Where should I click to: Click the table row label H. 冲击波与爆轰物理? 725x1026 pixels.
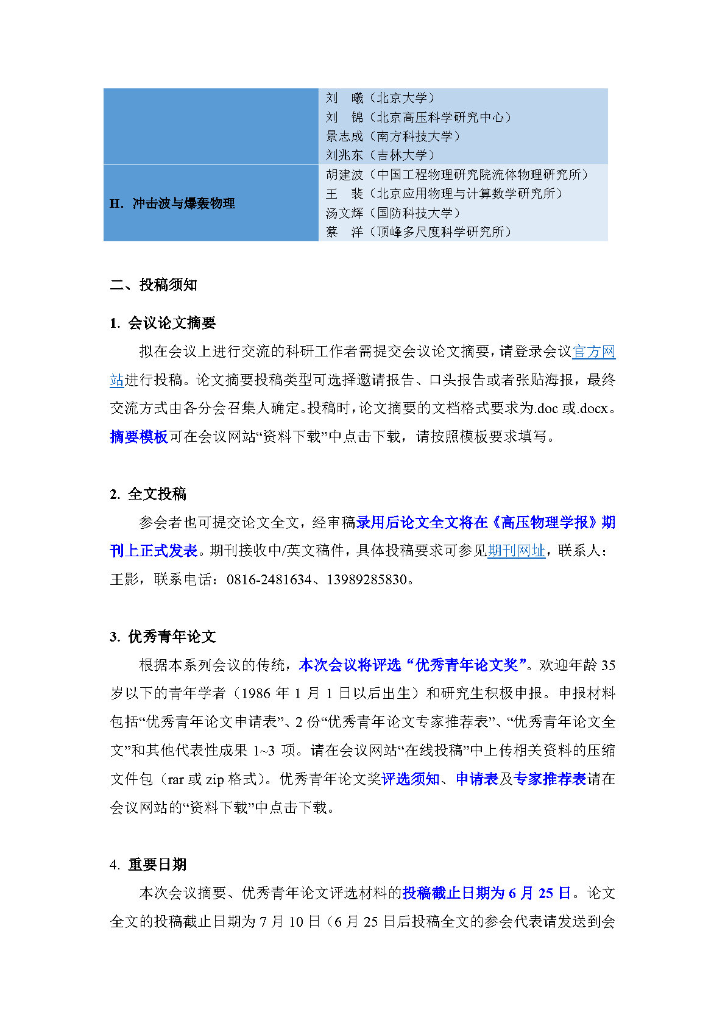[x=172, y=203]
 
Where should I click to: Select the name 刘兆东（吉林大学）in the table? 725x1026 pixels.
[x=380, y=155]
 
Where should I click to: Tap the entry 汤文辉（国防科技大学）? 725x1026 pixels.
[x=393, y=213]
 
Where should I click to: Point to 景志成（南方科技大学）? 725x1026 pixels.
[x=393, y=136]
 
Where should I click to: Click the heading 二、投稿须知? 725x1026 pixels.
[x=154, y=285]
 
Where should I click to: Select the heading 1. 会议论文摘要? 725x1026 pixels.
[x=163, y=323]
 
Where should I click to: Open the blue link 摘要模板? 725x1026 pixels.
[x=139, y=437]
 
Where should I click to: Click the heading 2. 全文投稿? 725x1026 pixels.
[x=148, y=494]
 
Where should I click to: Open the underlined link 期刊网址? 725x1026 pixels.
[x=516, y=551]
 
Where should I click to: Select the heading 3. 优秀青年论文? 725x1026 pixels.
[x=163, y=637]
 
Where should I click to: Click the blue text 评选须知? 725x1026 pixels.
[x=410, y=779]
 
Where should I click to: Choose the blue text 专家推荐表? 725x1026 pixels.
[x=550, y=779]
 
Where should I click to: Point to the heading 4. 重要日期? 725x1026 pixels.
[x=148, y=865]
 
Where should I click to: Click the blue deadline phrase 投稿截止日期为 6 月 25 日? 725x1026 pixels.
[x=486, y=893]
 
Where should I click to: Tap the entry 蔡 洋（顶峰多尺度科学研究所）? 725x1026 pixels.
[x=419, y=232]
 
